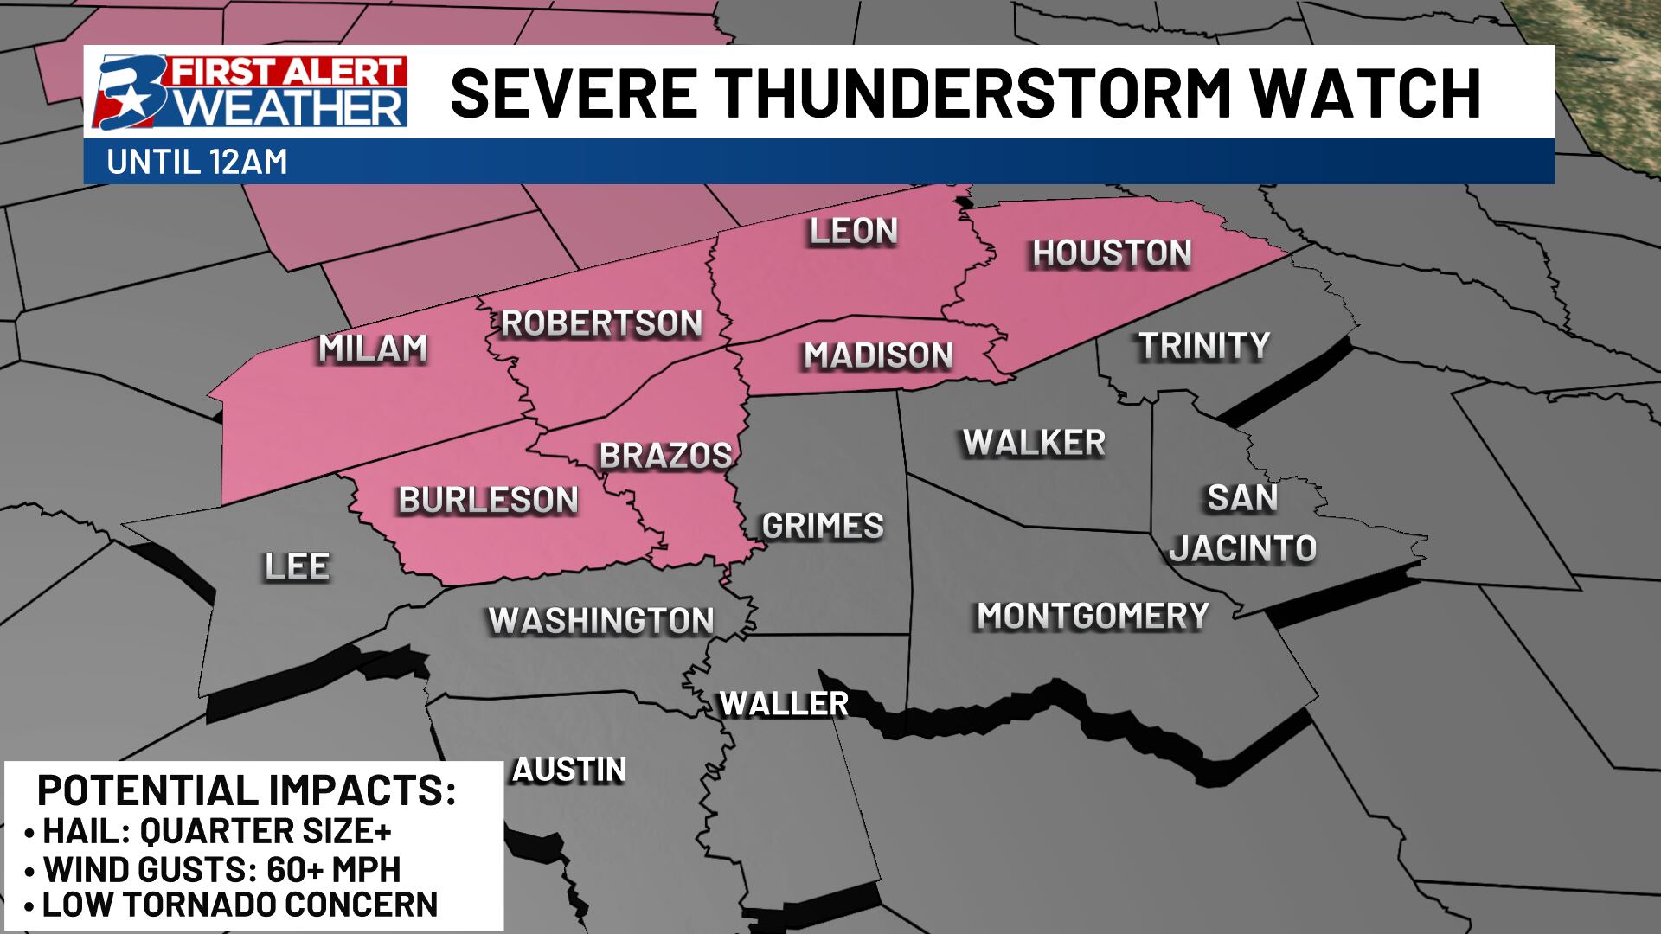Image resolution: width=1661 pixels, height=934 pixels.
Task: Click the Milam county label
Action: [373, 349]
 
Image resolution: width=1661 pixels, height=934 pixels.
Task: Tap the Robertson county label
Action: [602, 323]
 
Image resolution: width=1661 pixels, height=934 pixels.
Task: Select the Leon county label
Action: [853, 232]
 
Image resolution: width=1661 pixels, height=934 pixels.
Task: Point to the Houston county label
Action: [1112, 253]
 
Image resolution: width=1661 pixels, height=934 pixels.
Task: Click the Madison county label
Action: [878, 355]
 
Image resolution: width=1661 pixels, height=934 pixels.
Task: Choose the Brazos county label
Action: [665, 456]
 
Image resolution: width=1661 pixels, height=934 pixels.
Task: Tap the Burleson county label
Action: [488, 500]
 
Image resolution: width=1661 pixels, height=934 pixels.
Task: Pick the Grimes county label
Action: [822, 526]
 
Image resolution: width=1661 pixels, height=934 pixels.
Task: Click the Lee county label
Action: [297, 567]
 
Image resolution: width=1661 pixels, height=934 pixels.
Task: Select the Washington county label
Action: [601, 621]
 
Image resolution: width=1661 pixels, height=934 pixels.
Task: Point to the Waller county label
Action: [784, 704]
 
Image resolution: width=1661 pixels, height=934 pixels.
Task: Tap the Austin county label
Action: [569, 770]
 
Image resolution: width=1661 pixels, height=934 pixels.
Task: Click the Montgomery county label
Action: [1093, 617]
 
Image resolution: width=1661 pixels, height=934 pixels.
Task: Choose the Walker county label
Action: [1034, 443]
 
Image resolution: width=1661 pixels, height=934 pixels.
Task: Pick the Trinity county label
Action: [1203, 346]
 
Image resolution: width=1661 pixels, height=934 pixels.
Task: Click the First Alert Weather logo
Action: [251, 93]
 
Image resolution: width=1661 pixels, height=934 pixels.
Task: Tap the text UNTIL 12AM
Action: [197, 163]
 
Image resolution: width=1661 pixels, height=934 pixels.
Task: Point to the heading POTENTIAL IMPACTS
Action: [247, 791]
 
